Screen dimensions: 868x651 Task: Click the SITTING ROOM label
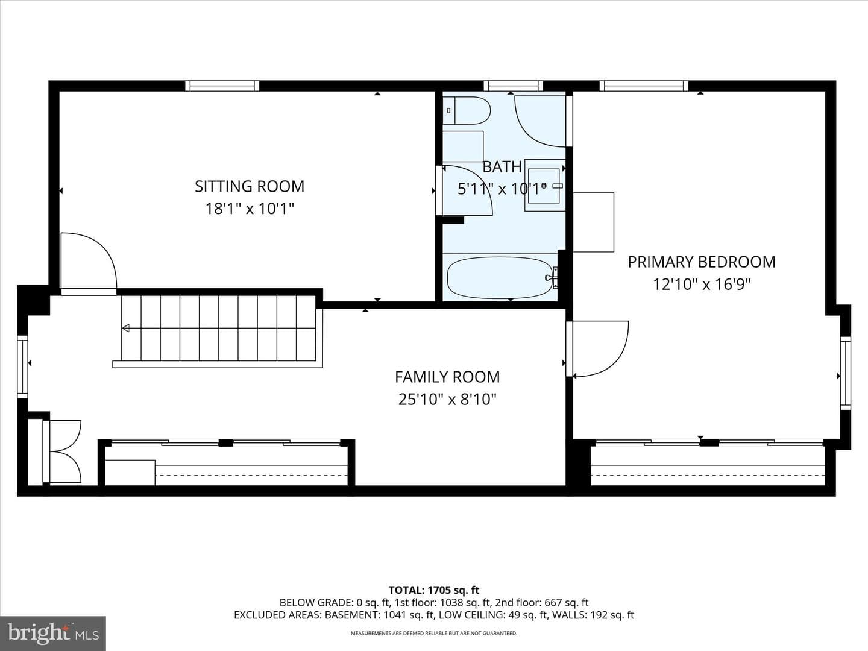click(250, 186)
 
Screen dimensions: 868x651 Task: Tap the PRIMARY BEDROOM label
click(702, 262)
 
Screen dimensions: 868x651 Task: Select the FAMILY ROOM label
click(447, 377)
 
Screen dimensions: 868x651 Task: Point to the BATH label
click(502, 167)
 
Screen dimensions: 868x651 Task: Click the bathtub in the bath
click(500, 277)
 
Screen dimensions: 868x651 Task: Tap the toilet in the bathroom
click(466, 111)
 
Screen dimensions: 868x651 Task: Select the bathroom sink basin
click(544, 186)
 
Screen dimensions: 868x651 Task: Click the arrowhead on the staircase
click(126, 328)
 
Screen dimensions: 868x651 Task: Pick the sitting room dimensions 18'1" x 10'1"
click(250, 209)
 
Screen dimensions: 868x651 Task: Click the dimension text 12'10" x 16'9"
click(702, 284)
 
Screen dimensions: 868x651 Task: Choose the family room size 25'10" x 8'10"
click(447, 399)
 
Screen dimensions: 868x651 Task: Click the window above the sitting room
click(222, 86)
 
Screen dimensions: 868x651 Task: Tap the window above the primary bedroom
click(644, 86)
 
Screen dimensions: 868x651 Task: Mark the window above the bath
click(514, 86)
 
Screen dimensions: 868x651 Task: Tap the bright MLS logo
click(53, 634)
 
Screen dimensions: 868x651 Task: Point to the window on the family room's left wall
click(22, 367)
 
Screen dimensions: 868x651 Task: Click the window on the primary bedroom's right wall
click(846, 373)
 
